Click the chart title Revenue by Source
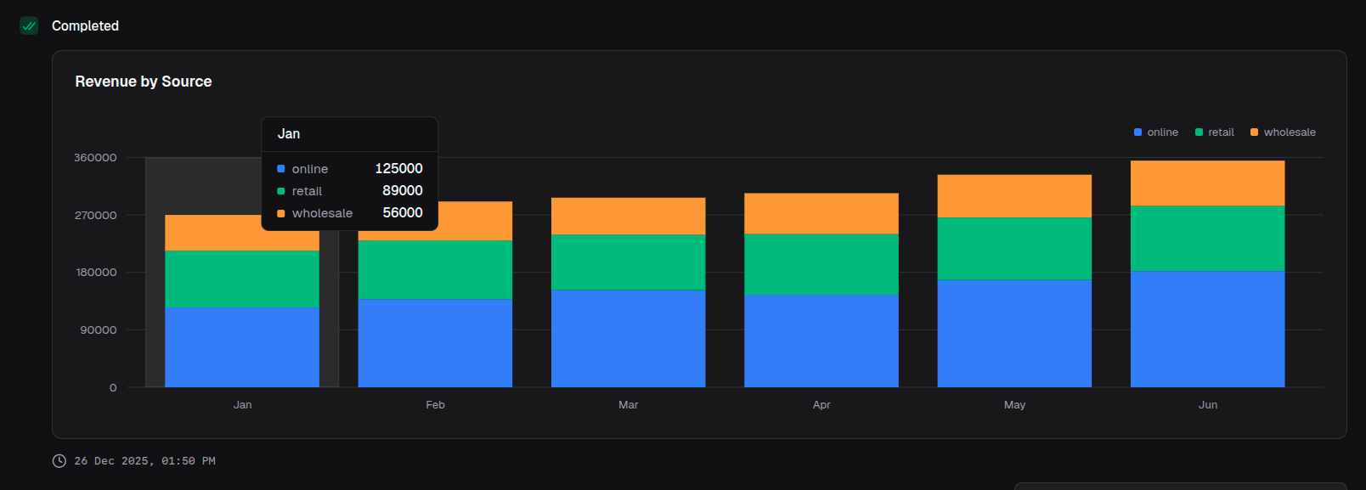[x=144, y=82]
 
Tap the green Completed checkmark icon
[x=29, y=25]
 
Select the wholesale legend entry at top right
[x=1283, y=132]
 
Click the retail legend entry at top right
[x=1215, y=132]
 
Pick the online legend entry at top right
[x=1156, y=132]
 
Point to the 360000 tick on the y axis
[x=95, y=158]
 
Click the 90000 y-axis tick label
[x=99, y=330]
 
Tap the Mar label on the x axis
[x=628, y=405]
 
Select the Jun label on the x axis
[x=1207, y=405]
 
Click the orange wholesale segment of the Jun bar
[x=1207, y=183]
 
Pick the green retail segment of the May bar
[x=1014, y=248]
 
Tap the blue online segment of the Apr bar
[x=821, y=341]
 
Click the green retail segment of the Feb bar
[x=435, y=270]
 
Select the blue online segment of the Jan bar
[x=242, y=346]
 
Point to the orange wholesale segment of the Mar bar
[x=628, y=216]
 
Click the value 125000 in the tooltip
[x=398, y=169]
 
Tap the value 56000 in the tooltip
[x=402, y=213]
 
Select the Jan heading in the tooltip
[x=289, y=134]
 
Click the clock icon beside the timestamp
[x=59, y=461]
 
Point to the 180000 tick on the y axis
[x=96, y=273]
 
